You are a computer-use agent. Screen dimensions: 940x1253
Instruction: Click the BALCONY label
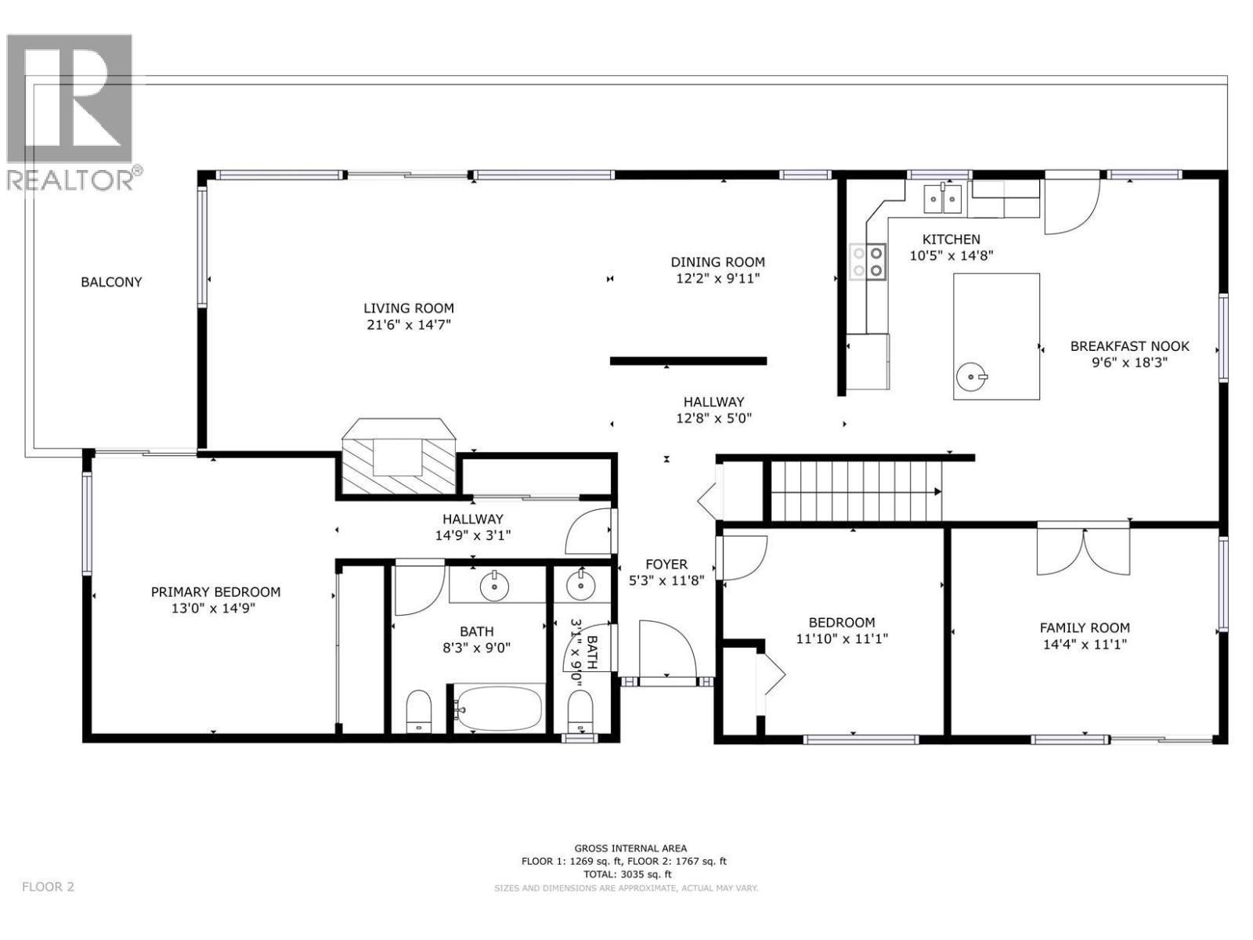[x=111, y=282]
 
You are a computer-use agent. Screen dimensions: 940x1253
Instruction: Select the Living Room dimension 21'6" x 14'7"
[x=408, y=324]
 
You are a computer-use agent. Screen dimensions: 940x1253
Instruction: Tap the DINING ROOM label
[x=717, y=262]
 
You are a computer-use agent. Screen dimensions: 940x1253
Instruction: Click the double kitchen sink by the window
[x=943, y=199]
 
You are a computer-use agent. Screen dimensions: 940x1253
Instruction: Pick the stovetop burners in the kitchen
[x=868, y=262]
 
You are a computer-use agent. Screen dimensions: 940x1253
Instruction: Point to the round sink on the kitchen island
[x=972, y=378]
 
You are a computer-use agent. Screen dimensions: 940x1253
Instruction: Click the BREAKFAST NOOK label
[x=1129, y=346]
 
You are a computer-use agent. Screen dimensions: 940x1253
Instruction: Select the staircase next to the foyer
[x=856, y=491]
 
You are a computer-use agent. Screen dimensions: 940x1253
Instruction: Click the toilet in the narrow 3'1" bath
[x=580, y=710]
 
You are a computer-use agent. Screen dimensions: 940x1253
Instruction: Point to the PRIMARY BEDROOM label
[x=215, y=592]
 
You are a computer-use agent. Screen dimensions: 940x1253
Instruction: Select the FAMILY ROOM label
[x=1084, y=627]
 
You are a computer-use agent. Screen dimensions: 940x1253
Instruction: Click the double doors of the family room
[x=1084, y=551]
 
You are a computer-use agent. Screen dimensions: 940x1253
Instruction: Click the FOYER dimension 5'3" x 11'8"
[x=666, y=580]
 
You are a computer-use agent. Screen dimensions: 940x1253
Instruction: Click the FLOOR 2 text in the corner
[x=48, y=887]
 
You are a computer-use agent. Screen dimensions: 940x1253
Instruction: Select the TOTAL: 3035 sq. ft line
[x=623, y=874]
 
